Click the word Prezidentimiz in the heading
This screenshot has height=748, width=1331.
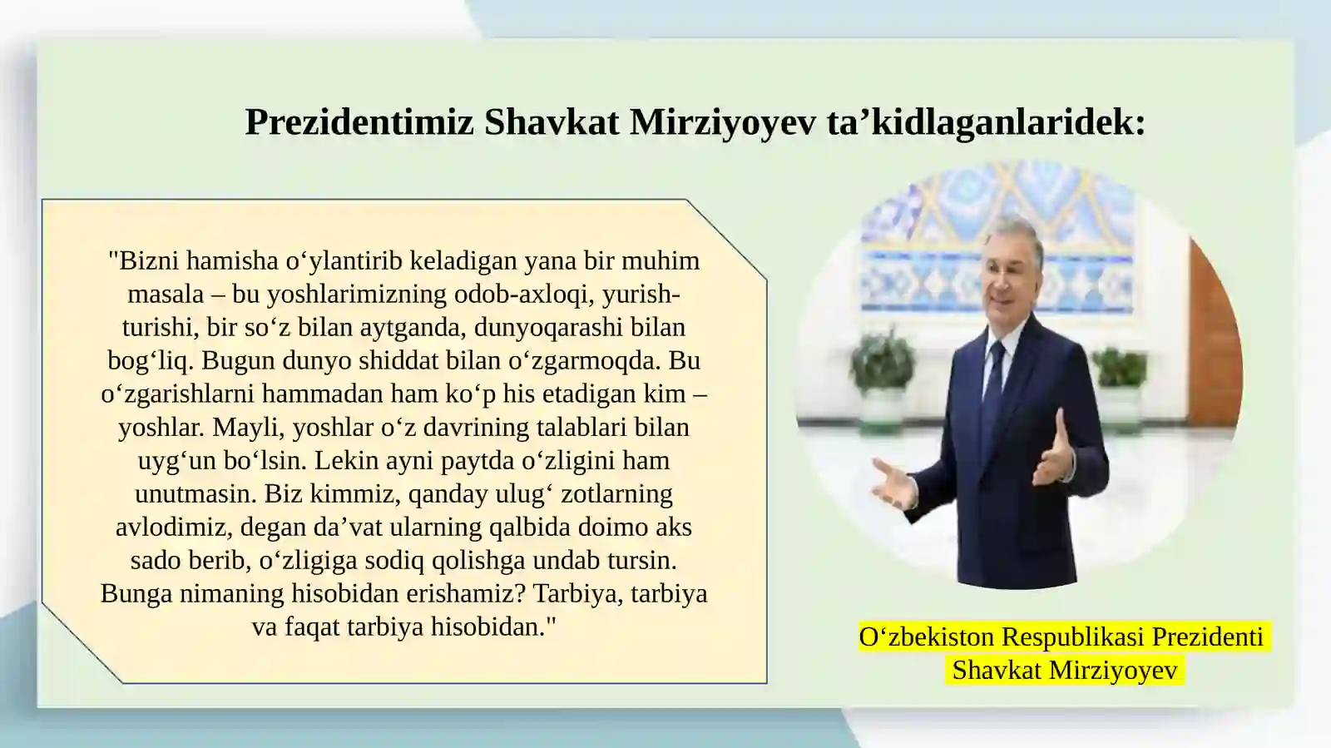(359, 122)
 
